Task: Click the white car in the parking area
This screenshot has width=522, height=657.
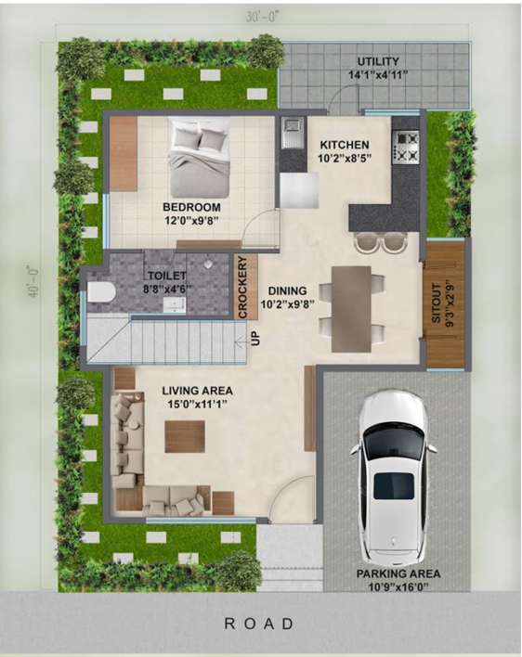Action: pos(392,476)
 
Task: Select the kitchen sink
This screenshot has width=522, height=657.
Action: pos(292,134)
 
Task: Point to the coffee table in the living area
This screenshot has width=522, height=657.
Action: pos(184,436)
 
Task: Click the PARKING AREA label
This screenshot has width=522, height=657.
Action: pos(398,574)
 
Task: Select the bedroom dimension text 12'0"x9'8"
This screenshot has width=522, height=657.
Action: pos(190,221)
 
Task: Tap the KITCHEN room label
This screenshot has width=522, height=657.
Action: pos(345,146)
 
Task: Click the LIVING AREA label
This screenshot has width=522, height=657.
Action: pos(197,391)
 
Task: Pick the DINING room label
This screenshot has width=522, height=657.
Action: pos(287,289)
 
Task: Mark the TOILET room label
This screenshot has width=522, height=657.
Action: pos(166,276)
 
